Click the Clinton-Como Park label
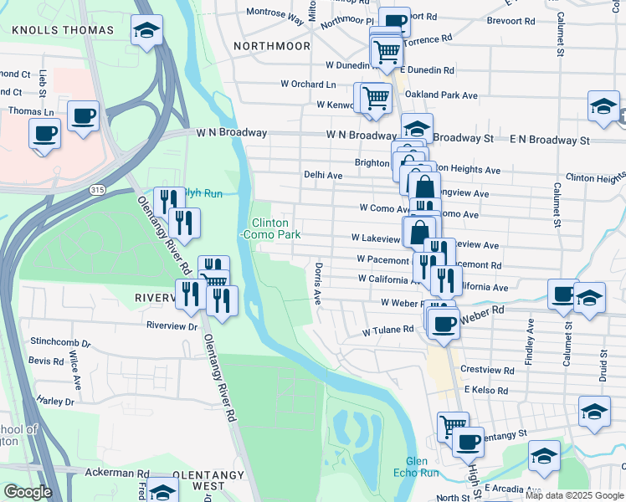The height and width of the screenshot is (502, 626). pos(270,229)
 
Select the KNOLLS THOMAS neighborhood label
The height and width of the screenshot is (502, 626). pos(62,30)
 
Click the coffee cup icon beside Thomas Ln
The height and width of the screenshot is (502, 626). pos(83,116)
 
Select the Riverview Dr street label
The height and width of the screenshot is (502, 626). pos(172,325)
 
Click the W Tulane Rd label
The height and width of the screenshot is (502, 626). pos(388,330)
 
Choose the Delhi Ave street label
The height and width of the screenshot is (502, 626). pos(323,176)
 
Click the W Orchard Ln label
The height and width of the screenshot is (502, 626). pos(308,84)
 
